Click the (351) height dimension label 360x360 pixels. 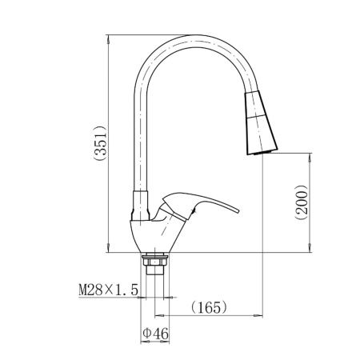click(x=100, y=142)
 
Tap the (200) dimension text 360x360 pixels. click(x=302, y=202)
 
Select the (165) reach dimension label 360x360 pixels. click(x=210, y=307)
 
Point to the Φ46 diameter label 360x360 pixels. click(x=156, y=334)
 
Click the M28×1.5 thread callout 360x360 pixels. click(x=109, y=290)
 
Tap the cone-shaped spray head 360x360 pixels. click(x=261, y=122)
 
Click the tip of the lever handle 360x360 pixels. click(x=238, y=211)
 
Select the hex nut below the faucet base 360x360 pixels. click(x=155, y=260)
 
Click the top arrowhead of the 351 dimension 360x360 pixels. click(x=108, y=39)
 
